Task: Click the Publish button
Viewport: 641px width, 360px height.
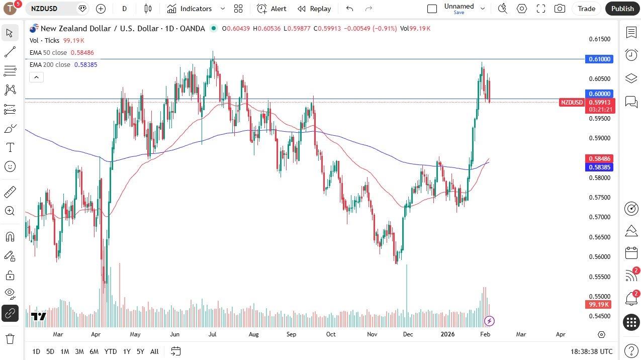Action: click(x=622, y=9)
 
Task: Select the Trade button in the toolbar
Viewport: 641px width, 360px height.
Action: click(x=586, y=9)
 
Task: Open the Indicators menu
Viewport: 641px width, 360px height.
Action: click(x=196, y=9)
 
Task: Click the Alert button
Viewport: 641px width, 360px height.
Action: click(x=272, y=9)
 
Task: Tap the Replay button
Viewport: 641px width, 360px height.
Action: click(x=314, y=9)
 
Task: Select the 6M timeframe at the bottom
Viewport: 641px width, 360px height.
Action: click(x=94, y=351)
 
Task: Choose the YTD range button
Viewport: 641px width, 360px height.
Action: click(x=111, y=351)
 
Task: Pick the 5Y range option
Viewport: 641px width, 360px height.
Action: click(x=140, y=351)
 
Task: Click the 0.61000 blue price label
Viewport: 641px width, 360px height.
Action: click(x=600, y=59)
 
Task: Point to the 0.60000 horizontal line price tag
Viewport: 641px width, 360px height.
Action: click(x=600, y=94)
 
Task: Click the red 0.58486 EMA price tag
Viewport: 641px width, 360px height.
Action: click(x=600, y=158)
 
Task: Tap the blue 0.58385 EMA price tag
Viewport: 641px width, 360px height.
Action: click(x=600, y=167)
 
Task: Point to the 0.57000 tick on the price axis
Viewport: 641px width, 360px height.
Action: click(x=600, y=217)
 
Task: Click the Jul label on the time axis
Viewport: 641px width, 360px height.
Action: click(x=212, y=334)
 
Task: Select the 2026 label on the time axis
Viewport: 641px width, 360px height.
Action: click(x=447, y=334)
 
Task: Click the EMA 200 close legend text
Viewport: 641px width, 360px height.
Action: click(x=50, y=65)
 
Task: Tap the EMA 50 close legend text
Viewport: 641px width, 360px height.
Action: click(x=48, y=53)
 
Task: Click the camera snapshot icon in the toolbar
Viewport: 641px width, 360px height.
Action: click(x=559, y=9)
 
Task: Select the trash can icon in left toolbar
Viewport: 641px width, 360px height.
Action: click(x=10, y=338)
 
